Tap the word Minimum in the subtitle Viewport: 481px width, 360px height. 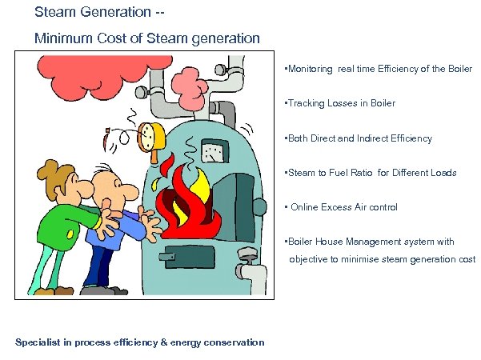[x=61, y=38]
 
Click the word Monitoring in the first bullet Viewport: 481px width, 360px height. [x=311, y=70]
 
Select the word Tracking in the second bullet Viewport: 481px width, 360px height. [x=306, y=104]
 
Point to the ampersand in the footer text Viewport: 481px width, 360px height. [x=164, y=342]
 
